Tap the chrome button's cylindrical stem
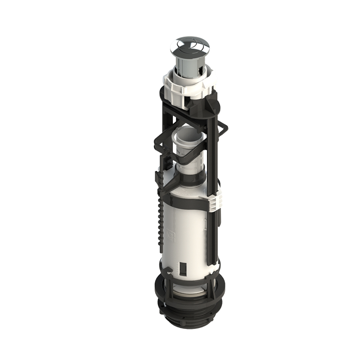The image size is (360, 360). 189,63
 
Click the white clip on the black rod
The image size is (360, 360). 215,201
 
